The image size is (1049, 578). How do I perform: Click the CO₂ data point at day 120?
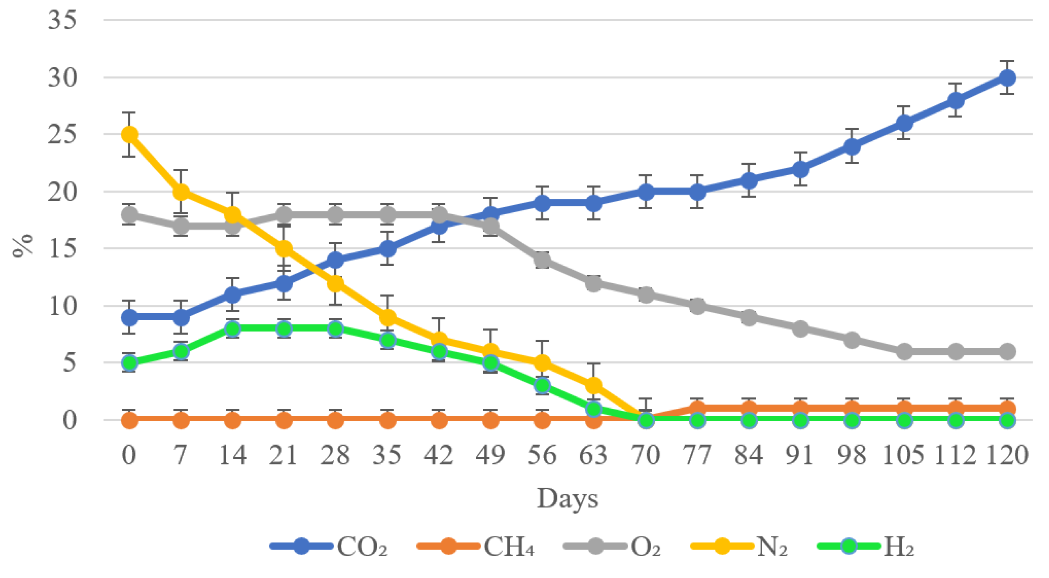click(1007, 77)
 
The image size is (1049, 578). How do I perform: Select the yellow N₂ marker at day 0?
click(129, 134)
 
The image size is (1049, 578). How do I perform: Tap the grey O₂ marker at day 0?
click(129, 215)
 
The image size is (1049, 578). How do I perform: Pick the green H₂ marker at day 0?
click(129, 362)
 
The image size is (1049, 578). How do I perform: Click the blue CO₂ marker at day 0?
click(129, 317)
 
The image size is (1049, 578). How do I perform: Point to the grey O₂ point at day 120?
click(1007, 351)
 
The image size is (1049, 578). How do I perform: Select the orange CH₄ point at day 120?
click(1007, 408)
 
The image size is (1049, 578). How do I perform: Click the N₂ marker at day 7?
click(181, 192)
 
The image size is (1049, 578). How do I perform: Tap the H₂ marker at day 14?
click(233, 329)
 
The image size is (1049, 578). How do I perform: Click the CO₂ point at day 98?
click(852, 146)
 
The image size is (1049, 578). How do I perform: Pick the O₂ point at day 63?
click(594, 283)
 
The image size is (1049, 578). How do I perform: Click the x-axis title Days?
click(567, 499)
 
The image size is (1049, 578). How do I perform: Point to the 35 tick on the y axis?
click(62, 20)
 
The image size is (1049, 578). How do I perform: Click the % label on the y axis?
click(22, 245)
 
